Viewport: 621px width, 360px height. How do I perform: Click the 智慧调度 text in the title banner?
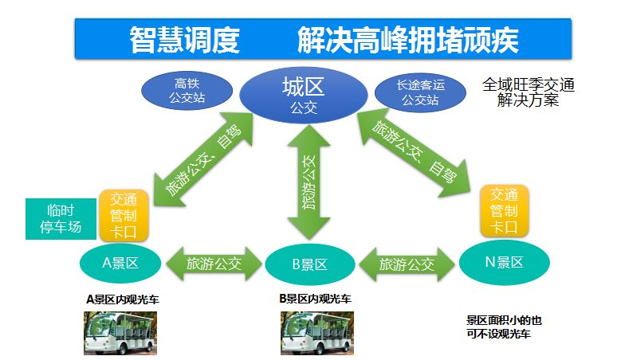point(184,38)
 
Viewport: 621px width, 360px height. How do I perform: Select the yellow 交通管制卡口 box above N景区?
point(505,211)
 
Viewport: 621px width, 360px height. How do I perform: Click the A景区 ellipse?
point(120,261)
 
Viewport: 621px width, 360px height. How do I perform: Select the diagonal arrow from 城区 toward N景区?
point(412,155)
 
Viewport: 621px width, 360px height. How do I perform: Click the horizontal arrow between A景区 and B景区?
point(212,263)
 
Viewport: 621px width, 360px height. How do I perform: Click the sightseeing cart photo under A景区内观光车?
point(120,332)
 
